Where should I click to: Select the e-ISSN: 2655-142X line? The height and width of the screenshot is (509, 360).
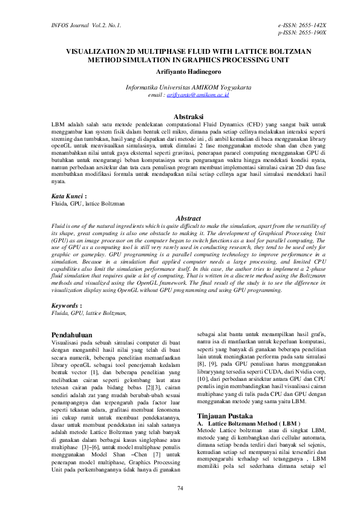pos(302,25)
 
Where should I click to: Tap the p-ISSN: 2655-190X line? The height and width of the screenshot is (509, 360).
pos(302,32)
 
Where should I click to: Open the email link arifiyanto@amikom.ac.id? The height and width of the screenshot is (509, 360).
pos(198,95)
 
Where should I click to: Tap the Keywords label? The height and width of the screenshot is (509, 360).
pos(66,306)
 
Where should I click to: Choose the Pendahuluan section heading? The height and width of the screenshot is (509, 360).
pos(71,333)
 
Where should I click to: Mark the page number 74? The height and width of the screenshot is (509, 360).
pos(180,488)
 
